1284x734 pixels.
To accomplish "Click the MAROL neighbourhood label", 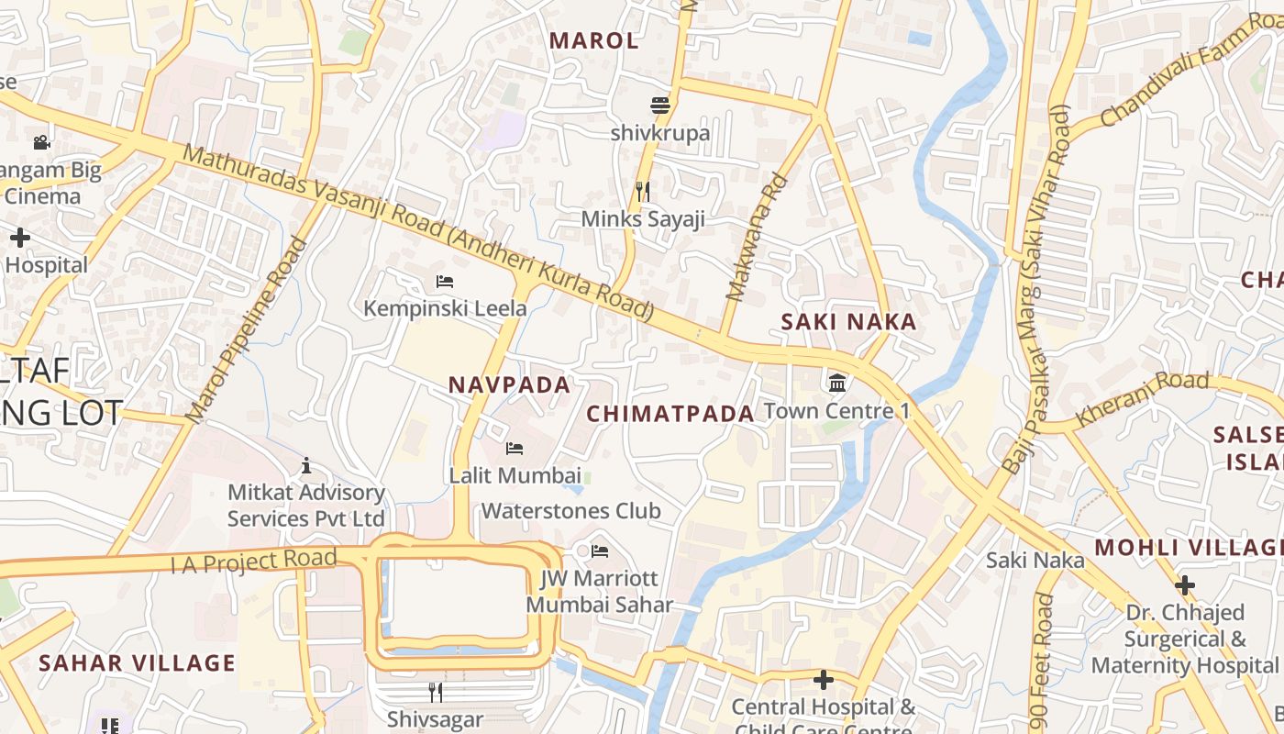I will [x=593, y=40].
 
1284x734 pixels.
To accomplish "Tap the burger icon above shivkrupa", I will [x=660, y=105].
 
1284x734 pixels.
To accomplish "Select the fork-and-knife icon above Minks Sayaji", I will [x=643, y=191].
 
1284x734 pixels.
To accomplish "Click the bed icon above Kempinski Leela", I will [x=445, y=281].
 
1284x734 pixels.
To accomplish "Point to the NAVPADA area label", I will [x=510, y=385].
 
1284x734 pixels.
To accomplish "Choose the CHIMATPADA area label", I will [x=670, y=414].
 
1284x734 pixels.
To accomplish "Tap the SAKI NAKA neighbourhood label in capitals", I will [x=848, y=322].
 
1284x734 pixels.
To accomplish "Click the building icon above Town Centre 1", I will [x=837, y=383].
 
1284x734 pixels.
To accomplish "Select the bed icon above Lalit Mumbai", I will [x=515, y=449].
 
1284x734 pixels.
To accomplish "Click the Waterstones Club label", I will [x=570, y=511].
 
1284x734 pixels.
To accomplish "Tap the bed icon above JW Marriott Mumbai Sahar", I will [x=600, y=551].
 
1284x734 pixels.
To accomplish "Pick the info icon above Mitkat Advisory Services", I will [x=306, y=466].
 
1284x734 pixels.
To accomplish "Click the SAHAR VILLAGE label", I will [x=138, y=662].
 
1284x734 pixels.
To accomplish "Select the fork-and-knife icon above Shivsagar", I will [x=436, y=691].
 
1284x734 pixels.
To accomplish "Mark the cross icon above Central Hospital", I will [x=824, y=680].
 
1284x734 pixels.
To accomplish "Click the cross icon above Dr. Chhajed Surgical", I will [x=1185, y=584].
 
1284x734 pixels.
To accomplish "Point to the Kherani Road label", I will [x=1142, y=398].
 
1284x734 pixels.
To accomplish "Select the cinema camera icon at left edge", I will [x=41, y=142].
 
